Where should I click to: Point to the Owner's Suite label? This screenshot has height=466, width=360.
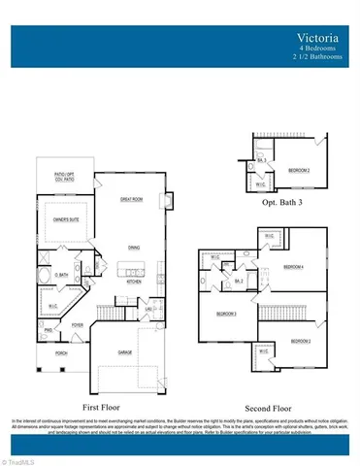tap(66, 219)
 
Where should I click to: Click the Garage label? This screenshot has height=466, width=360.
tap(124, 351)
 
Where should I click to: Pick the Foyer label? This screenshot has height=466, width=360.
tap(77, 326)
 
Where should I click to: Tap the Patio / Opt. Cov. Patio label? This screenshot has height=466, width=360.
tap(65, 177)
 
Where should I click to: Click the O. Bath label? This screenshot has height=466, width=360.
tap(60, 275)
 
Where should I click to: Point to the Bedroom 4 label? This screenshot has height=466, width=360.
tap(293, 266)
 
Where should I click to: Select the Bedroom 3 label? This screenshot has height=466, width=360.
tap(227, 315)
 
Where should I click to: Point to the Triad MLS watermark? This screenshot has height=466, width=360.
tap(16, 459)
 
